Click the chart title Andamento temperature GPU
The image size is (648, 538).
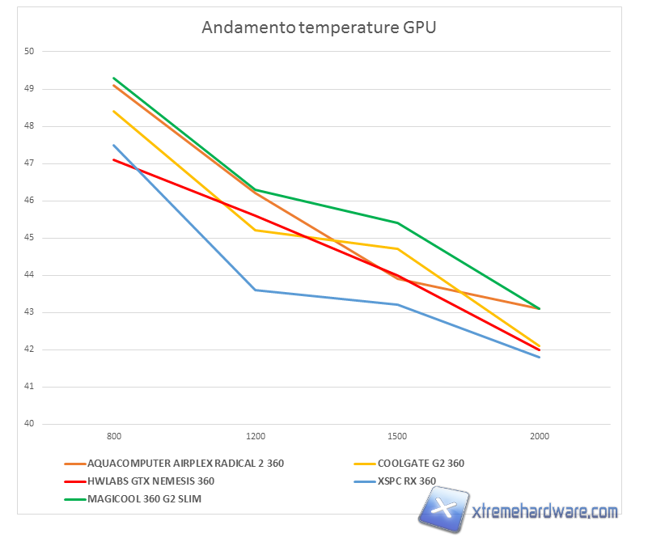319,28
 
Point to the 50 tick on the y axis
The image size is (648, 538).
29,51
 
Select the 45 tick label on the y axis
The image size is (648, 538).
29,238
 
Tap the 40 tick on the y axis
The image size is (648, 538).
29,424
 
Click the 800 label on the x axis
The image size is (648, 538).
114,436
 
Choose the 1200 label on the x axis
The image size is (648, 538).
256,436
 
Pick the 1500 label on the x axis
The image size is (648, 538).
397,436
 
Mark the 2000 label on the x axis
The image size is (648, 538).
539,436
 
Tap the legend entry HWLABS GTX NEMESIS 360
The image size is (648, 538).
150,481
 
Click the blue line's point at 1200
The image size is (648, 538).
256,290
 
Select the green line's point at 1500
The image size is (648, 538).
397,222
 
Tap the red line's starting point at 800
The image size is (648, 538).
114,159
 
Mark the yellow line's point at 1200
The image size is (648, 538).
256,230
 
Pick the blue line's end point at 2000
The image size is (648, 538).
539,357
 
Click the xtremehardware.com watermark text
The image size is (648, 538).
544,511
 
